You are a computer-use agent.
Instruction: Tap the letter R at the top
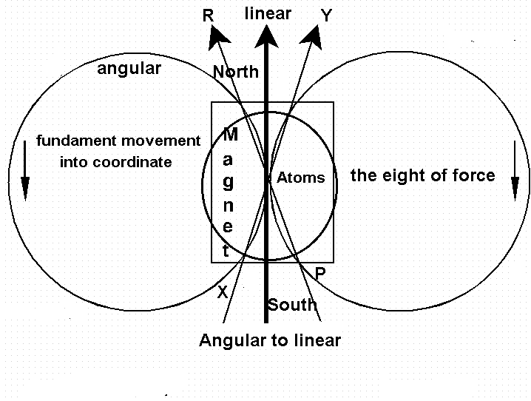208,16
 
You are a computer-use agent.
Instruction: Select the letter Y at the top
326,16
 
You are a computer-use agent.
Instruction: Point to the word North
236,72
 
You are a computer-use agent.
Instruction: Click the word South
292,305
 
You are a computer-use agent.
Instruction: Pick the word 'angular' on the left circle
129,70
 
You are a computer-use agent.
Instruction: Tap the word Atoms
300,178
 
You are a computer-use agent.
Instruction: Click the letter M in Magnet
230,135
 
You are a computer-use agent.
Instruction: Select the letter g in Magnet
228,183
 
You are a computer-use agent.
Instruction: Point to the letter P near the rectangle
319,274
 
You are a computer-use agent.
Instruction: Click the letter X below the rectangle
222,292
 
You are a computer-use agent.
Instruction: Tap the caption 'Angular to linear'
270,340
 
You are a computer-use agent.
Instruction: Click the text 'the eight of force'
422,176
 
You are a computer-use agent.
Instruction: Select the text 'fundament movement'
118,141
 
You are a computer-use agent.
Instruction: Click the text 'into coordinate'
115,162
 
